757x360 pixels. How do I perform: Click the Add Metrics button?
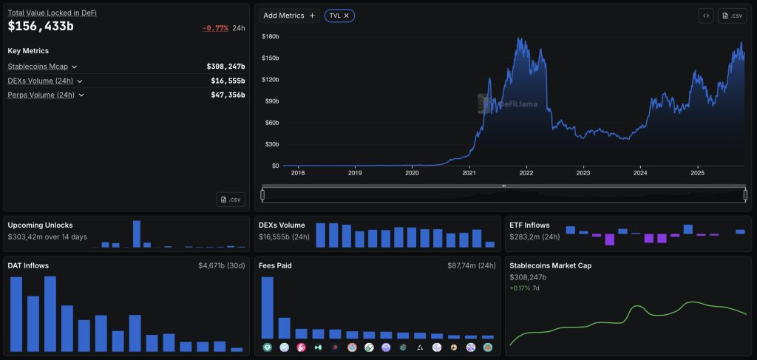coord(289,16)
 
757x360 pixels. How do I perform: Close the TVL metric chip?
coord(346,16)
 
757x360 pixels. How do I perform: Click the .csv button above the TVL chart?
coord(733,16)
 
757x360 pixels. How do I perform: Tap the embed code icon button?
coord(706,16)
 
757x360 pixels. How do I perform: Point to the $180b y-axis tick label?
coord(271,37)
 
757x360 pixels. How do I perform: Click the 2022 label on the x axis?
coord(526,173)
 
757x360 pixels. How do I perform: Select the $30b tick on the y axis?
coord(272,144)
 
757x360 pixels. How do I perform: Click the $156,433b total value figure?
coord(41,26)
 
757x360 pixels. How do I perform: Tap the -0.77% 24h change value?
coord(215,28)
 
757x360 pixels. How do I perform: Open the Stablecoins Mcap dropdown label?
coord(38,67)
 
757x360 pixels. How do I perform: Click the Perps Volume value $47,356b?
coord(228,95)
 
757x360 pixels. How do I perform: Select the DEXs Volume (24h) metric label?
coord(41,81)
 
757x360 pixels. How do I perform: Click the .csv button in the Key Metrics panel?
coord(231,200)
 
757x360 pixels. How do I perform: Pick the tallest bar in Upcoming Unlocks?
coord(137,234)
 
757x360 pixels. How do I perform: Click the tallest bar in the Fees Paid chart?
coord(268,308)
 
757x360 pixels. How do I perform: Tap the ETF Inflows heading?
coord(529,225)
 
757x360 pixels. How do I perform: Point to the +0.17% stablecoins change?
coord(520,288)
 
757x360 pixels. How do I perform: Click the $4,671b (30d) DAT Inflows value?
coord(222,265)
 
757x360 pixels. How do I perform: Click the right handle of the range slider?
coord(745,195)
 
